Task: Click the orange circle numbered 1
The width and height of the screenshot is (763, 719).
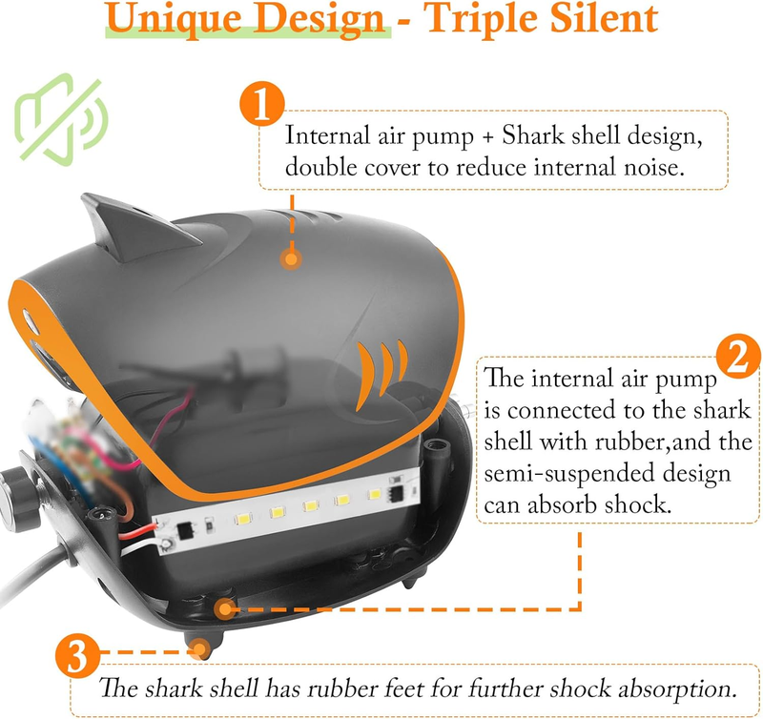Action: tap(261, 104)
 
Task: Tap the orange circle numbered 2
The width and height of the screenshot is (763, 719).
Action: tap(738, 357)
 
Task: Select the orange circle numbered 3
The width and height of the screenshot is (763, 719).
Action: tap(78, 656)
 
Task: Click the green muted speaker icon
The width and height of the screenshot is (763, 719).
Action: tap(60, 119)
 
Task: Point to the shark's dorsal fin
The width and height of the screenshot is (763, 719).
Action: tap(136, 226)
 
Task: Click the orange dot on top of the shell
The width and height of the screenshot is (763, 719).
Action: tap(291, 258)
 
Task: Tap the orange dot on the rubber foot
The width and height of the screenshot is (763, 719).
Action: tap(199, 649)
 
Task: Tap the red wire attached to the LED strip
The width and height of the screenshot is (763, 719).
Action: tap(137, 532)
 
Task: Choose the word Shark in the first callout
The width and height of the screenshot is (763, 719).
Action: tap(533, 135)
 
